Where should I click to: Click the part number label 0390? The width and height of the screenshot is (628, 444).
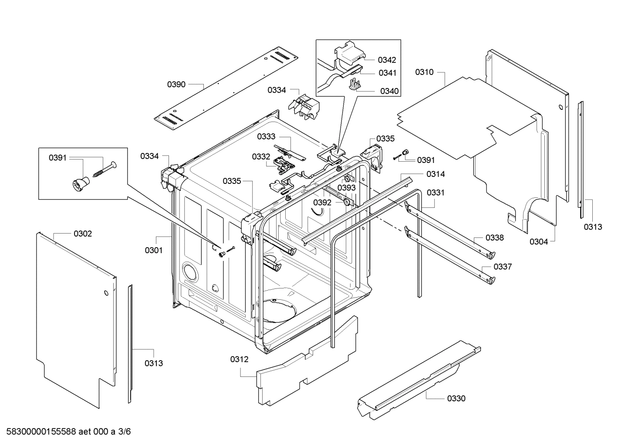[176, 85]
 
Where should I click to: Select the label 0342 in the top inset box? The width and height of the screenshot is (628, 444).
[387, 60]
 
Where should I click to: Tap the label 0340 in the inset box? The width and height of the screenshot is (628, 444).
[389, 91]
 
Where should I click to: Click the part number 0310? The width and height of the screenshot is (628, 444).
[424, 72]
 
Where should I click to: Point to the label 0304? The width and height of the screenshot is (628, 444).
[539, 242]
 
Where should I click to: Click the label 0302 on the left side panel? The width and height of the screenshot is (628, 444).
[83, 234]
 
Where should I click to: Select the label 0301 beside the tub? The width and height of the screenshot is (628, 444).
[154, 250]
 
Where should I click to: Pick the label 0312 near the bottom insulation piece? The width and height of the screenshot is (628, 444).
[239, 359]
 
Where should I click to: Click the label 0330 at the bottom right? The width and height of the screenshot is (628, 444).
[456, 398]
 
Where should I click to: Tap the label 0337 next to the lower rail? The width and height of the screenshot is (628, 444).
[503, 267]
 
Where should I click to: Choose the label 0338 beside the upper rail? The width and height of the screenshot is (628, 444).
[495, 238]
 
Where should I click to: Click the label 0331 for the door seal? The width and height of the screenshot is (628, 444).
[436, 192]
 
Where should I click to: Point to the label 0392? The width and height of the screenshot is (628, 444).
[322, 203]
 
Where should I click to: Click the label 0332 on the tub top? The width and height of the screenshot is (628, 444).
[261, 157]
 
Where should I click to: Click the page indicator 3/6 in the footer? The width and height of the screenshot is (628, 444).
[125, 432]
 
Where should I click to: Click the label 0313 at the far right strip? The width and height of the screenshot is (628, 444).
[593, 227]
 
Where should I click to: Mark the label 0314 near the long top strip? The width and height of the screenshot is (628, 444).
[436, 174]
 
